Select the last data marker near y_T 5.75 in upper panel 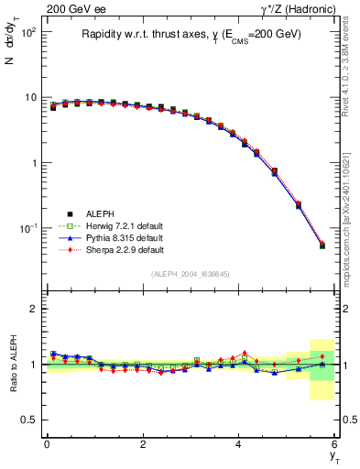coord(322,245)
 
